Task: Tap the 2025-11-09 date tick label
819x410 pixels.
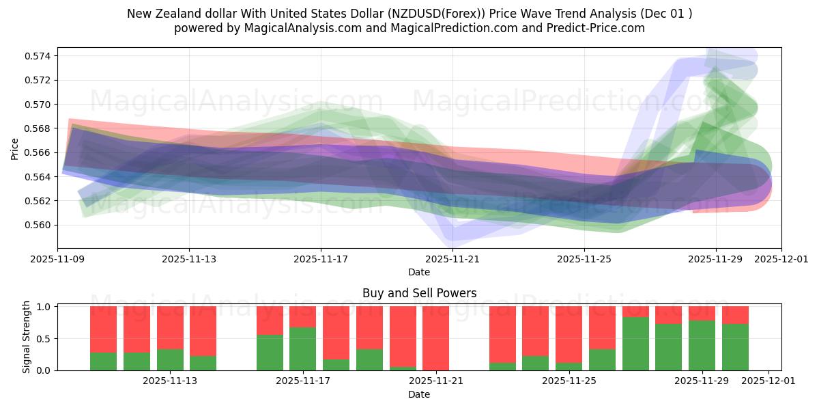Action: pyautogui.click(x=57, y=260)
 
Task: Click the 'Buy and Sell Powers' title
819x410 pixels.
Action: pyautogui.click(x=419, y=293)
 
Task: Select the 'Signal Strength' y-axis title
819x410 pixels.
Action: pyautogui.click(x=27, y=338)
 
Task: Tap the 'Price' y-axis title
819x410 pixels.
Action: pyautogui.click(x=15, y=148)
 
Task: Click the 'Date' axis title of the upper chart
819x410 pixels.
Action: pyautogui.click(x=419, y=272)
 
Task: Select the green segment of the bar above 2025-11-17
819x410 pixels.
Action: pyautogui.click(x=302, y=348)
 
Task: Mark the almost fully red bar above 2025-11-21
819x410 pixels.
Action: pyautogui.click(x=435, y=338)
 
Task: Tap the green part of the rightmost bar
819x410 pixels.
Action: pyautogui.click(x=735, y=347)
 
